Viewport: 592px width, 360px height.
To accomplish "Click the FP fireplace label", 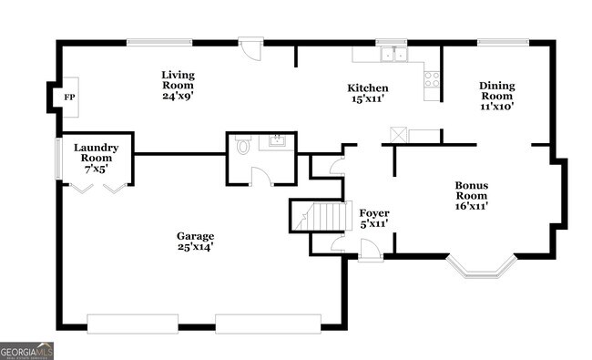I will click(x=69, y=96).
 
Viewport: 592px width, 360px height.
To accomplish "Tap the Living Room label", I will click(x=178, y=85).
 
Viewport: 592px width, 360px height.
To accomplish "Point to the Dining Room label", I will click(x=497, y=96).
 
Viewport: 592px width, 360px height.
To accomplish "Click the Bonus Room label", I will click(x=472, y=195).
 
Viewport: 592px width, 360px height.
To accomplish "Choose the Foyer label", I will click(x=373, y=217).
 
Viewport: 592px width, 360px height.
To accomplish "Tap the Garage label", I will click(x=196, y=241).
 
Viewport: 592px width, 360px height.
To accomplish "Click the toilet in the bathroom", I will click(x=242, y=146).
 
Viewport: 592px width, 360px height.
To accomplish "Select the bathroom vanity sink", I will click(x=275, y=141).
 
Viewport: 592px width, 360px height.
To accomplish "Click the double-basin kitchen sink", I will click(x=393, y=54).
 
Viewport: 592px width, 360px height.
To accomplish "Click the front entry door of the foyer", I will click(x=371, y=248).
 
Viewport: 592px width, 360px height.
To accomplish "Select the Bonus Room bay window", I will click(x=482, y=267).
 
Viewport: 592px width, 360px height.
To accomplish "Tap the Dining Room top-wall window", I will click(x=503, y=41).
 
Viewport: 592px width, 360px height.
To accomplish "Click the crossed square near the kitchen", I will click(x=397, y=134).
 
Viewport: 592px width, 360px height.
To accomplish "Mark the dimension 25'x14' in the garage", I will click(x=195, y=247).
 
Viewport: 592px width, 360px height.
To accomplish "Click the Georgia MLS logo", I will click(x=26, y=351).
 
